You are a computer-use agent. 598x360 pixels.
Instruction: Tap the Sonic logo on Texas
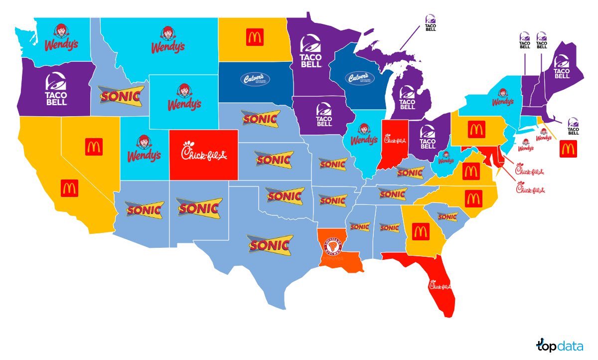tap(270, 245)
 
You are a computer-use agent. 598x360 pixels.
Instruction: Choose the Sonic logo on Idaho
tap(121, 95)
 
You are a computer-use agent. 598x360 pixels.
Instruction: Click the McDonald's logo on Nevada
tap(94, 147)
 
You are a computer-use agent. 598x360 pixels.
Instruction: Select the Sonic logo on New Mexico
tap(199, 206)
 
